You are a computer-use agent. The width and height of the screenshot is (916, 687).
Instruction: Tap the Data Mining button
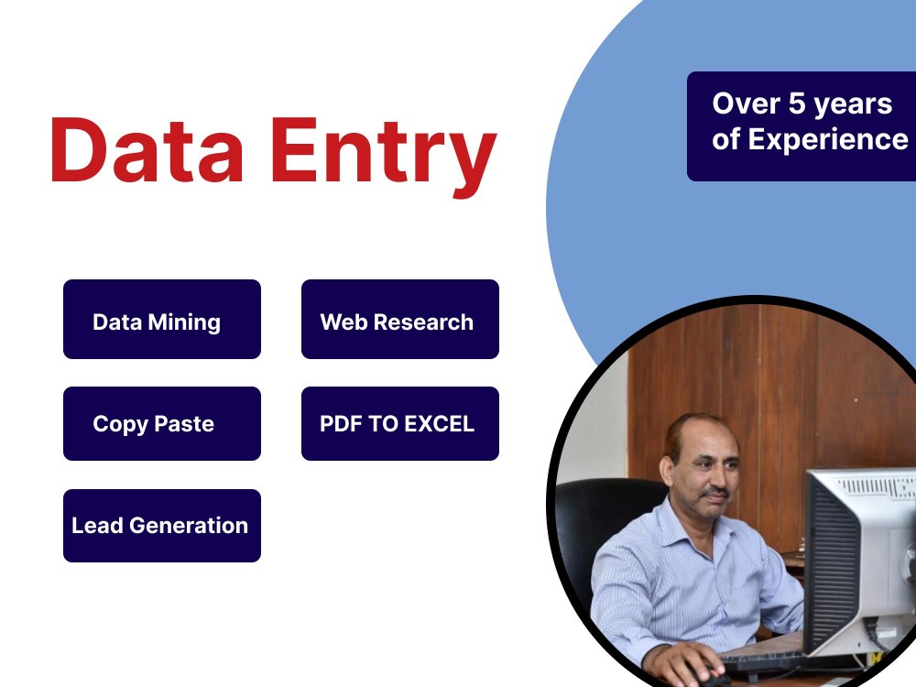click(161, 319)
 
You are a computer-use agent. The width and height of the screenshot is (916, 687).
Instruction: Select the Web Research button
click(399, 319)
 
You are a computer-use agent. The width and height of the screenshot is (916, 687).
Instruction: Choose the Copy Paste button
click(161, 423)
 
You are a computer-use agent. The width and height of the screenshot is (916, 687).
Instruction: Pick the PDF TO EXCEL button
click(399, 423)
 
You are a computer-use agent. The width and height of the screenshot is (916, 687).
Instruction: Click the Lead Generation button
click(161, 525)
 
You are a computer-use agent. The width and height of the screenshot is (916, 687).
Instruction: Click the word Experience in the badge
click(828, 139)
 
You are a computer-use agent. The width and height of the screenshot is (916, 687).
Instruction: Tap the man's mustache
click(715, 494)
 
